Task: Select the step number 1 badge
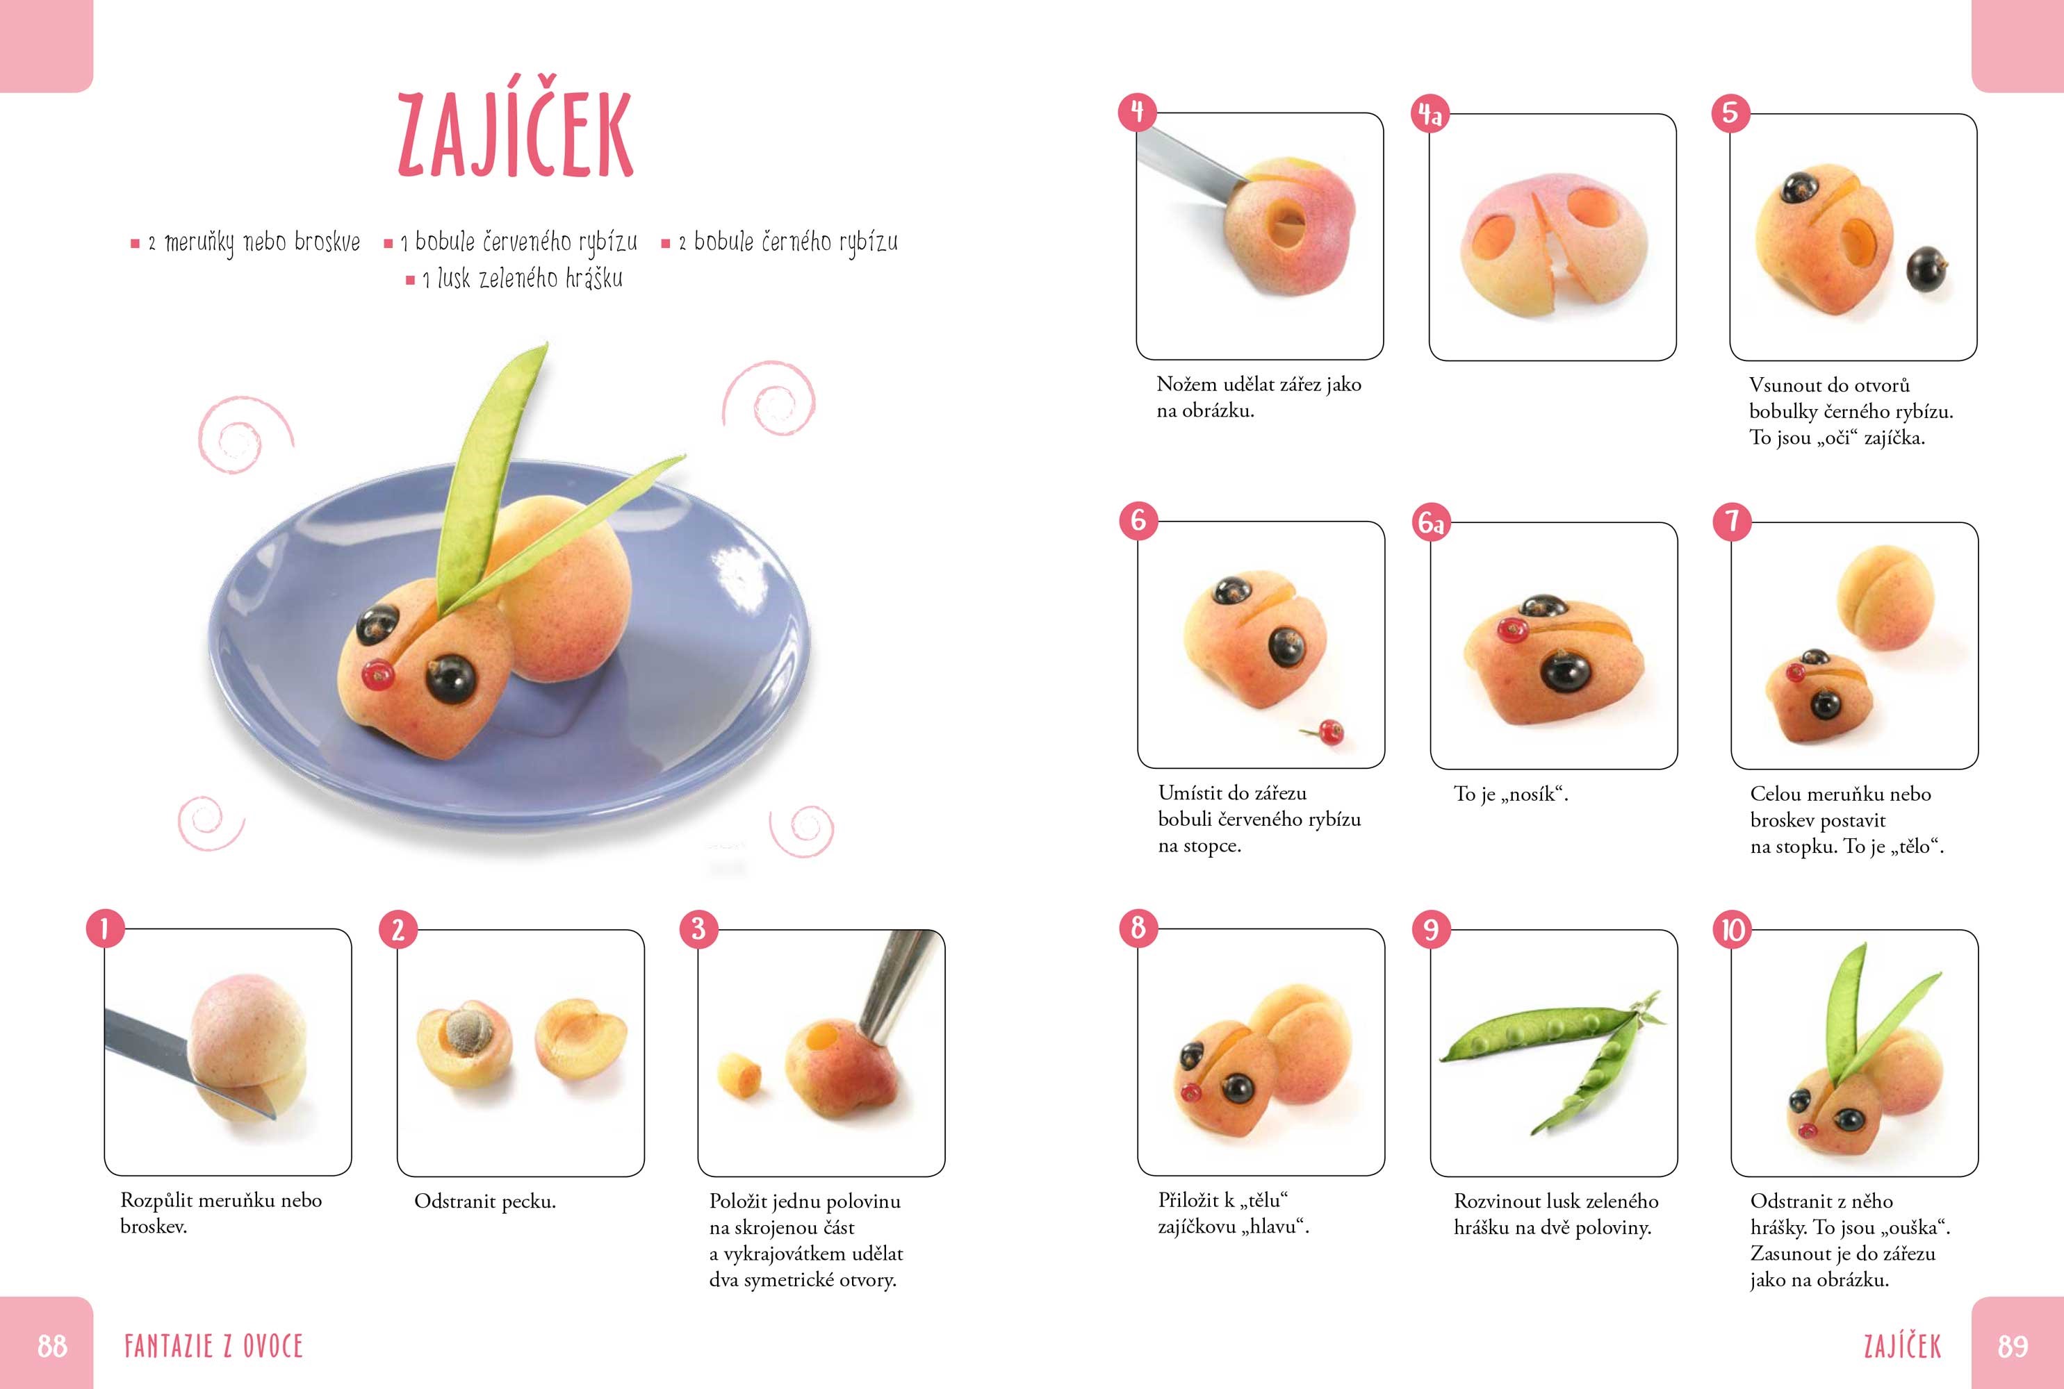click(104, 929)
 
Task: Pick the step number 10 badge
click(1733, 930)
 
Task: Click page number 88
click(52, 1347)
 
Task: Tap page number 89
click(2013, 1347)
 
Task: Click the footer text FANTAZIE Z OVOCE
click(213, 1347)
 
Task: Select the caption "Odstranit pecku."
click(485, 1202)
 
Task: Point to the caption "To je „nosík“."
click(1511, 794)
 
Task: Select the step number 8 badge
click(1138, 927)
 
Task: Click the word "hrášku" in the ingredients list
click(593, 279)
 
